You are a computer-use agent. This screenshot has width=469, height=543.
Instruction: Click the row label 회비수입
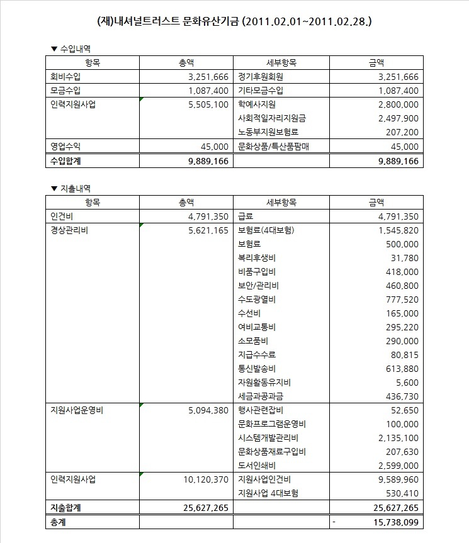65,77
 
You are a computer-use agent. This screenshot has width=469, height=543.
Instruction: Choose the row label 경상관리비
69,230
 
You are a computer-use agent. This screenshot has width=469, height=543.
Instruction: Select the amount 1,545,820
398,230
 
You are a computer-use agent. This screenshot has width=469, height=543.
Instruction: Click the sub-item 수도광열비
257,299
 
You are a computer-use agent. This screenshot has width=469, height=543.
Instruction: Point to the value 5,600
407,383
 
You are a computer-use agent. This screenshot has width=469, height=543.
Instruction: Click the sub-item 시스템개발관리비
268,438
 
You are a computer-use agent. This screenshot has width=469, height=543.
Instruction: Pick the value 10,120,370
205,479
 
